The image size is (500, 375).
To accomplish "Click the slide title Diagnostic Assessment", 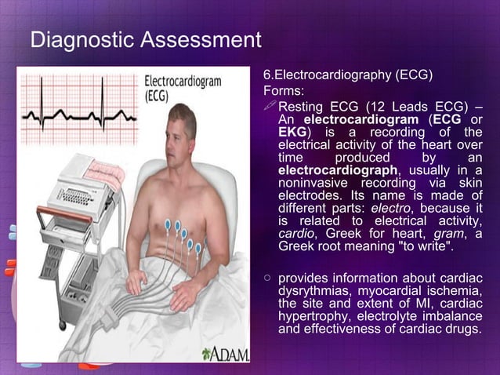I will click(145, 40).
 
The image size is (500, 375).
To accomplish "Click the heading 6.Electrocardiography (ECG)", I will click(348, 76).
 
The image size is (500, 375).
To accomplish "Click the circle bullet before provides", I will click(268, 277).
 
